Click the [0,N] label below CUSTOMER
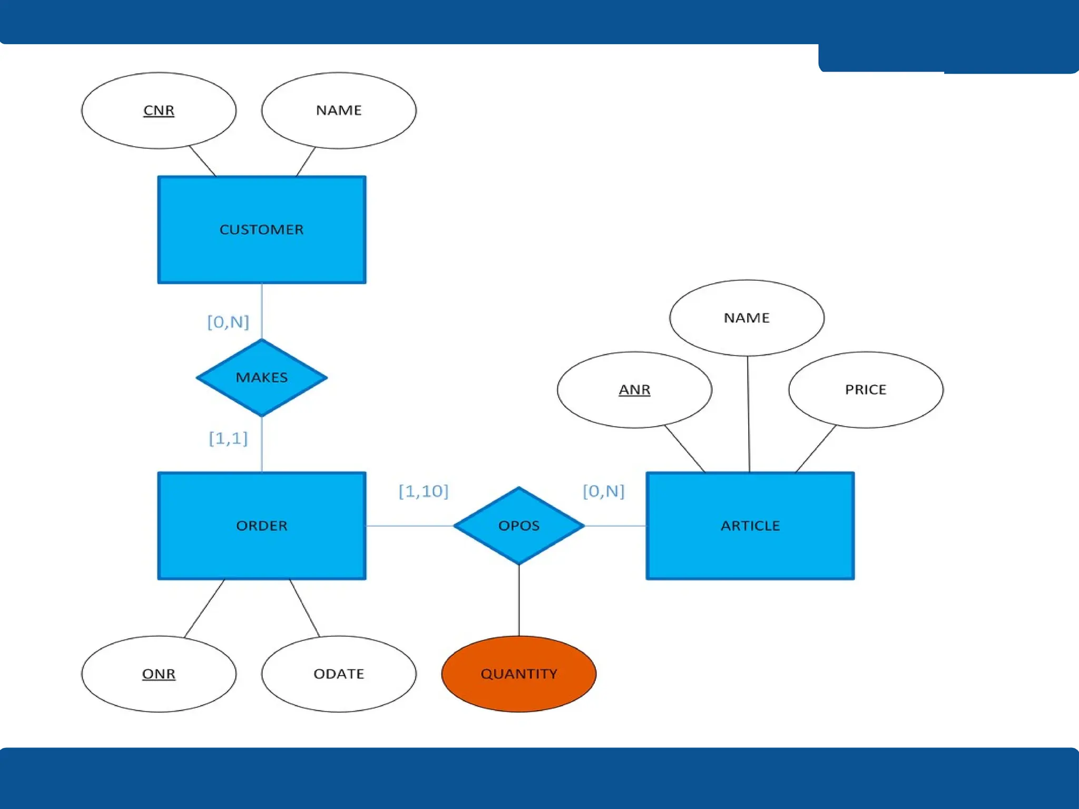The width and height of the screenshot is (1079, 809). point(228,322)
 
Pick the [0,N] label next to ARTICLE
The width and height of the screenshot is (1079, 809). point(603,491)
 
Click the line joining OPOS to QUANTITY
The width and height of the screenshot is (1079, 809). point(519,600)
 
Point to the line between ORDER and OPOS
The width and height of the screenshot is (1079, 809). point(409,526)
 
